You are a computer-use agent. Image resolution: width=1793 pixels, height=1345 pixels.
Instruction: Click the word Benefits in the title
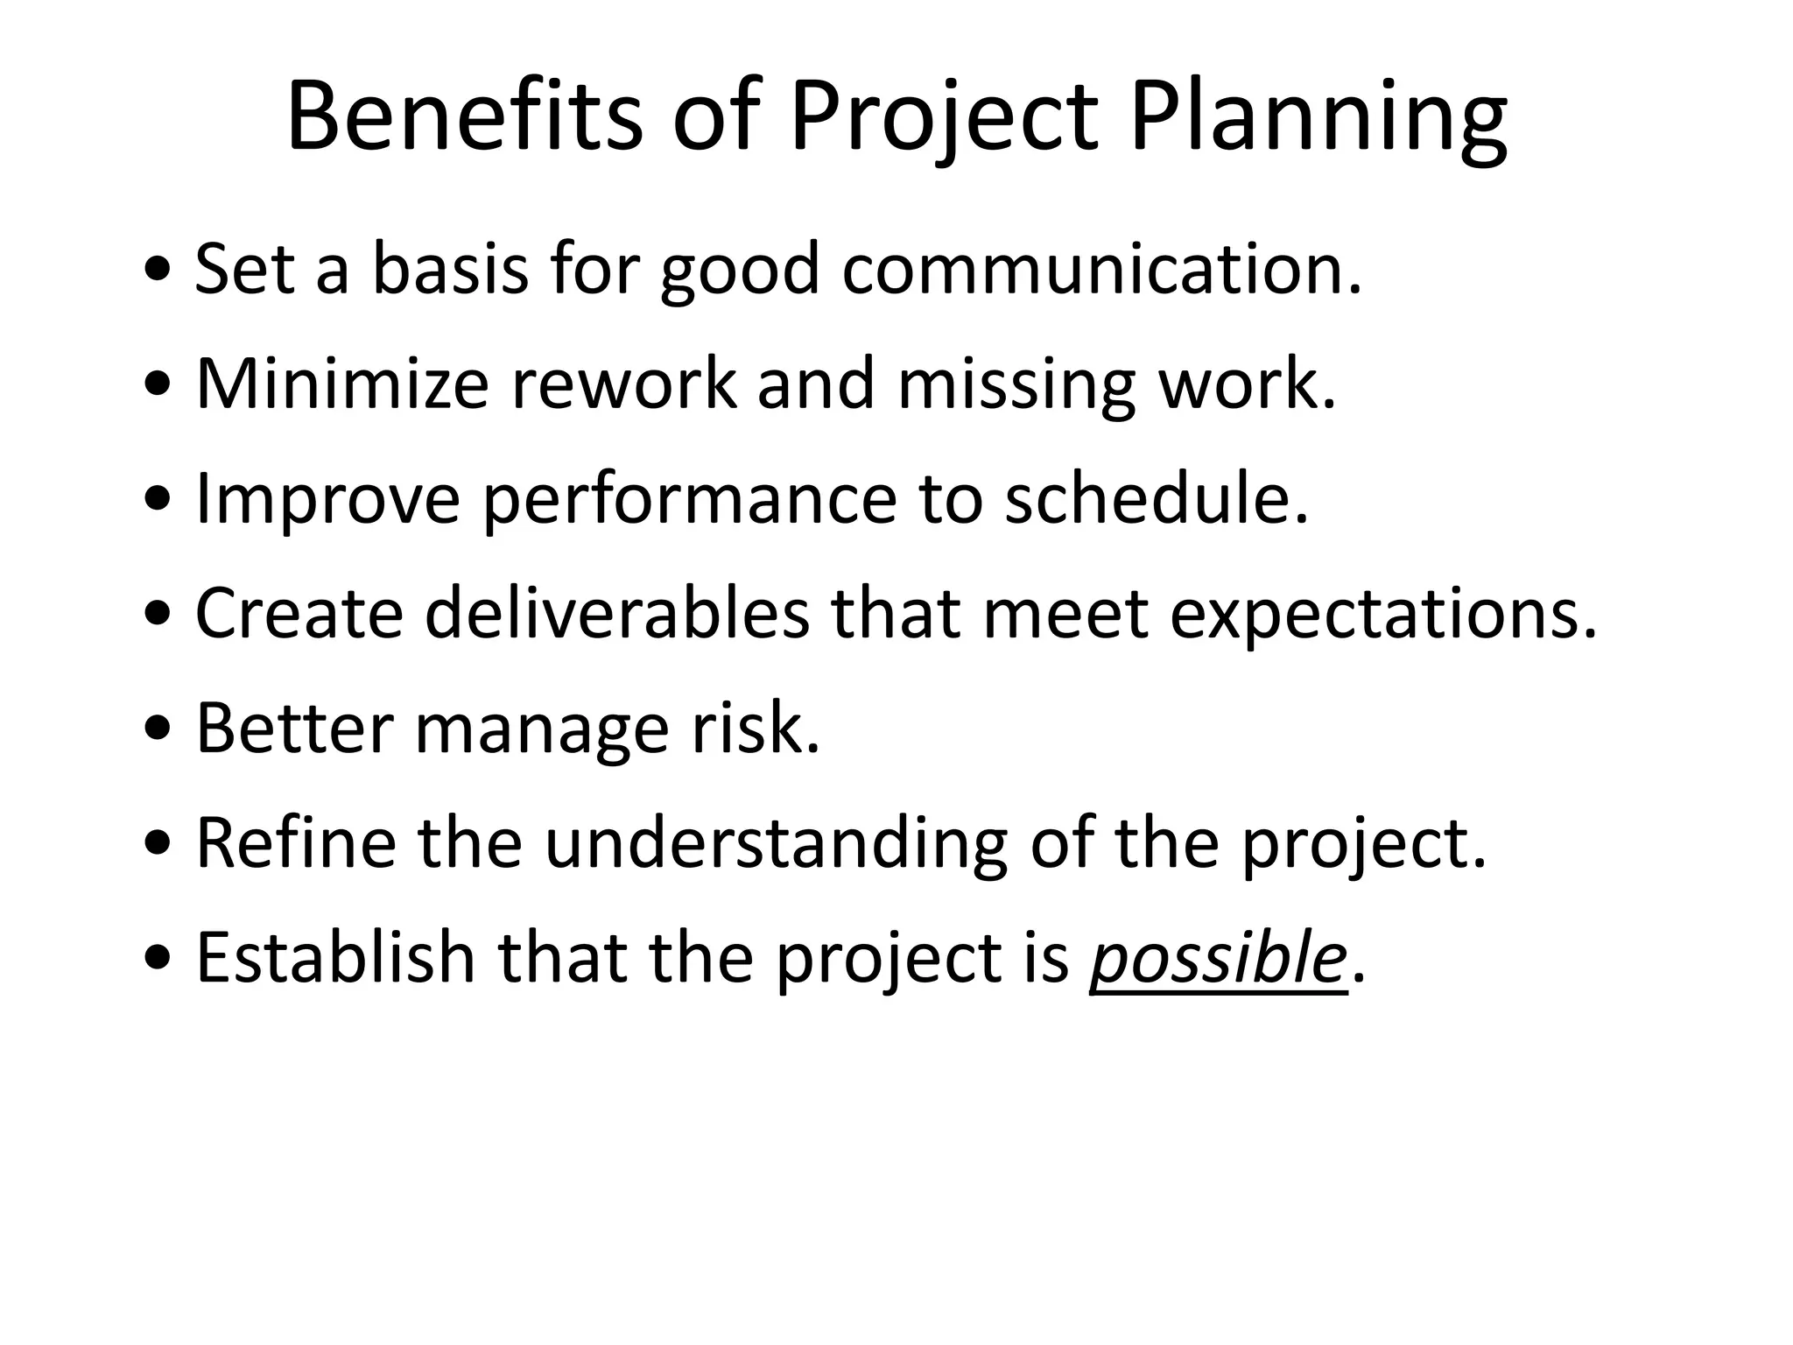[x=464, y=117]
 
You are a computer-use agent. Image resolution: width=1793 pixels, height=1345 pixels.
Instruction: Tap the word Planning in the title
[x=1318, y=117]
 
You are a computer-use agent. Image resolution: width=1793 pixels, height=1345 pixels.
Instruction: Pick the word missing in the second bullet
[x=1016, y=385]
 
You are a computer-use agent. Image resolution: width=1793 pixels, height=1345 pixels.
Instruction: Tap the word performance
[x=690, y=499]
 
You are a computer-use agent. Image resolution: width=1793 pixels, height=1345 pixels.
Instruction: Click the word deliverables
[x=617, y=613]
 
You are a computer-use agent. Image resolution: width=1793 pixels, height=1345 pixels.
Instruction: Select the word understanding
[x=776, y=843]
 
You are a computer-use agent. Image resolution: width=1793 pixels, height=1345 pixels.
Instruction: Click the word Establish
[x=335, y=956]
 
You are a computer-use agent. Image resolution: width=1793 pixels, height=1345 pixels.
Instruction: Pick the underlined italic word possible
[x=1217, y=958]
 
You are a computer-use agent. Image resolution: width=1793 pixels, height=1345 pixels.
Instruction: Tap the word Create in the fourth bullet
[x=299, y=613]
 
